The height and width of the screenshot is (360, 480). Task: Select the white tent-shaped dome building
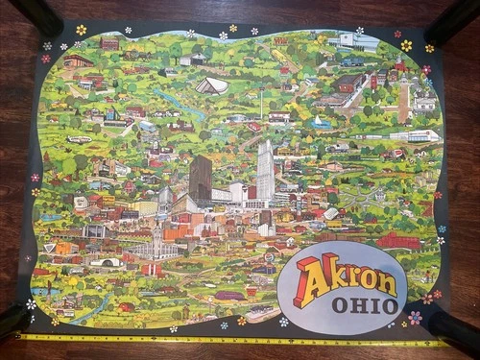(212, 85)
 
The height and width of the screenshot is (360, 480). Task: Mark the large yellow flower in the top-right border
(406, 45)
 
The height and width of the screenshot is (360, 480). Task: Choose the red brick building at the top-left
(108, 44)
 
